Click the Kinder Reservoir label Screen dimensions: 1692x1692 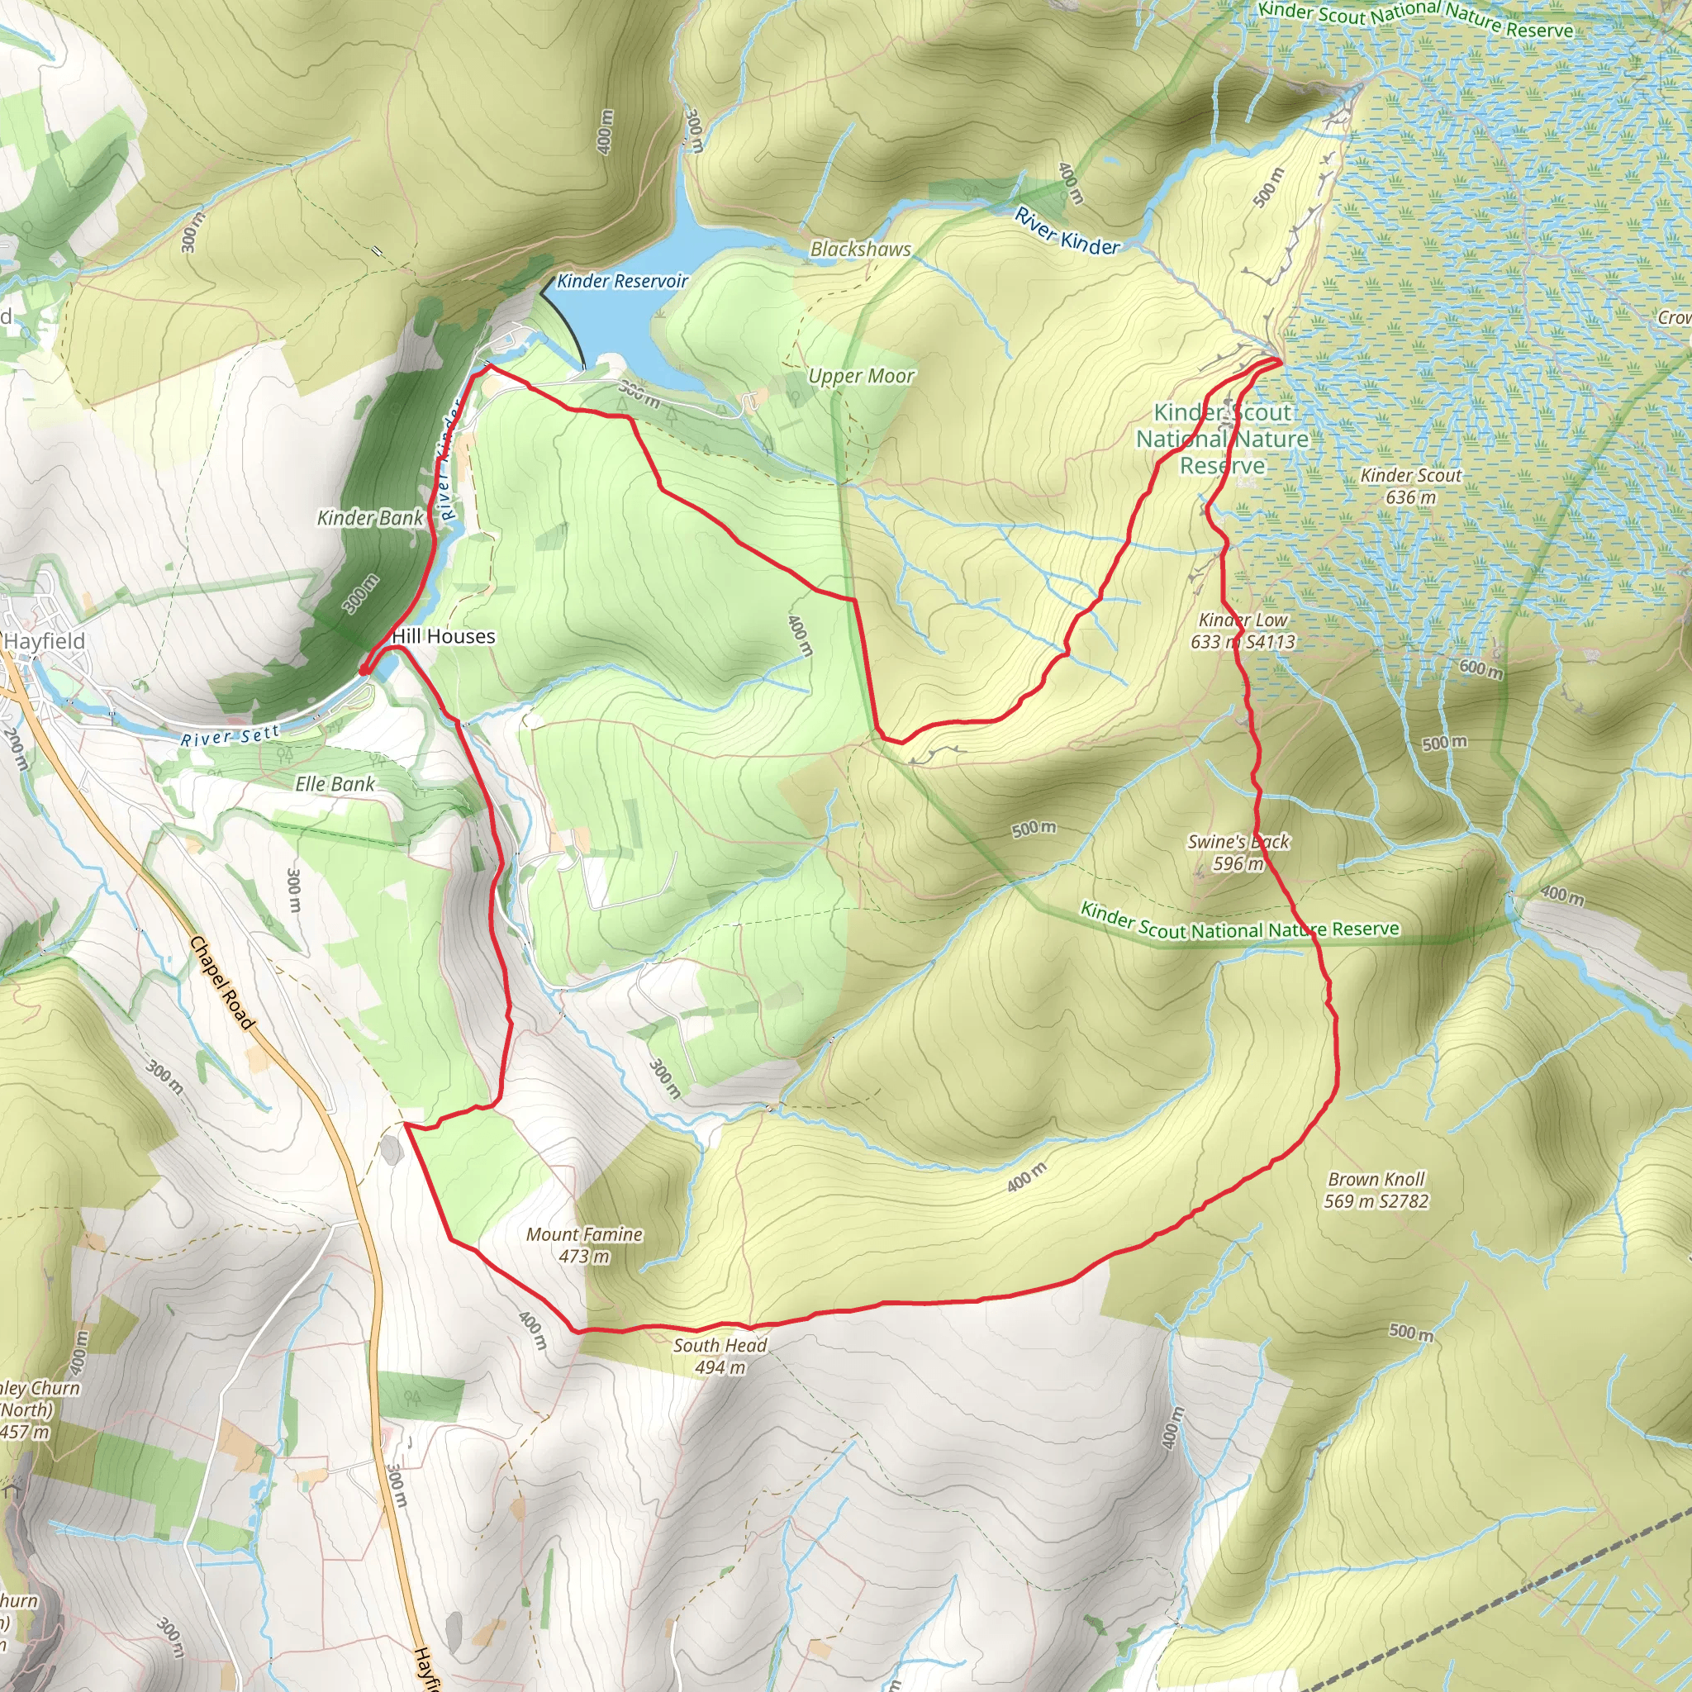click(622, 281)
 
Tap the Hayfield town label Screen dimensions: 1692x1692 click(45, 641)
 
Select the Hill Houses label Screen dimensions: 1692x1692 click(443, 637)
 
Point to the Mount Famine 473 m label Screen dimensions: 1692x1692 click(584, 1244)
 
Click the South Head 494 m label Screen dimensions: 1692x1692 click(720, 1356)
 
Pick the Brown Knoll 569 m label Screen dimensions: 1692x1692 click(1376, 1191)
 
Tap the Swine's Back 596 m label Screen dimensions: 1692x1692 click(1238, 852)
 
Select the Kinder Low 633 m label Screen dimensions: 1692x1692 click(1242, 630)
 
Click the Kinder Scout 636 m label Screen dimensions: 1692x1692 click(1410, 486)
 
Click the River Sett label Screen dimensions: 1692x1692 click(230, 735)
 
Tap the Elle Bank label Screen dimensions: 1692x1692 click(335, 784)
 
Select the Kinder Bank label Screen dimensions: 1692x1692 click(369, 517)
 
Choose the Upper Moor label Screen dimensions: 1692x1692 click(861, 377)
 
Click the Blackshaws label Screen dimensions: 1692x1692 click(860, 250)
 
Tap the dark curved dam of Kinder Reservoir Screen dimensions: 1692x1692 click(568, 329)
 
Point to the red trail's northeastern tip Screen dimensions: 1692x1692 click(1281, 360)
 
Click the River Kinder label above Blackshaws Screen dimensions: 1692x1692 click(1067, 231)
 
